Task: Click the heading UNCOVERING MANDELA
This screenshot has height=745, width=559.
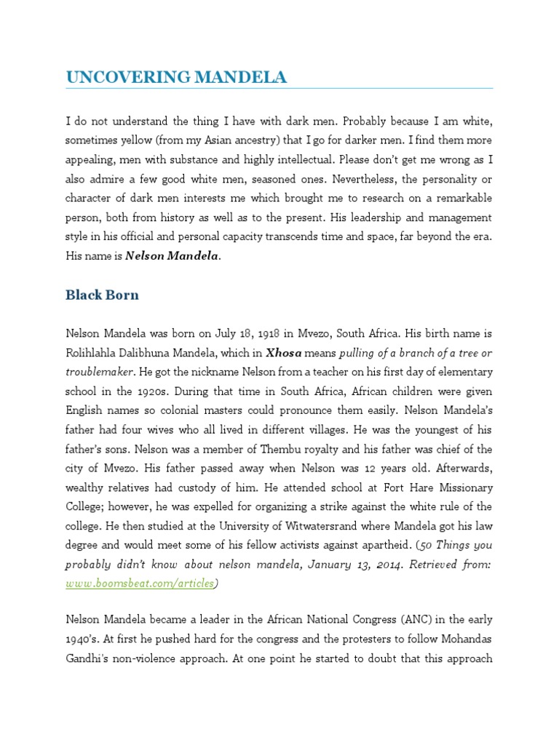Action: [176, 76]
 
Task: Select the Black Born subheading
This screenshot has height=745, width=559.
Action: [102, 295]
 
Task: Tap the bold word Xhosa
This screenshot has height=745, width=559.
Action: [283, 353]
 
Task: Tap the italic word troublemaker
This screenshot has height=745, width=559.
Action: [100, 372]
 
